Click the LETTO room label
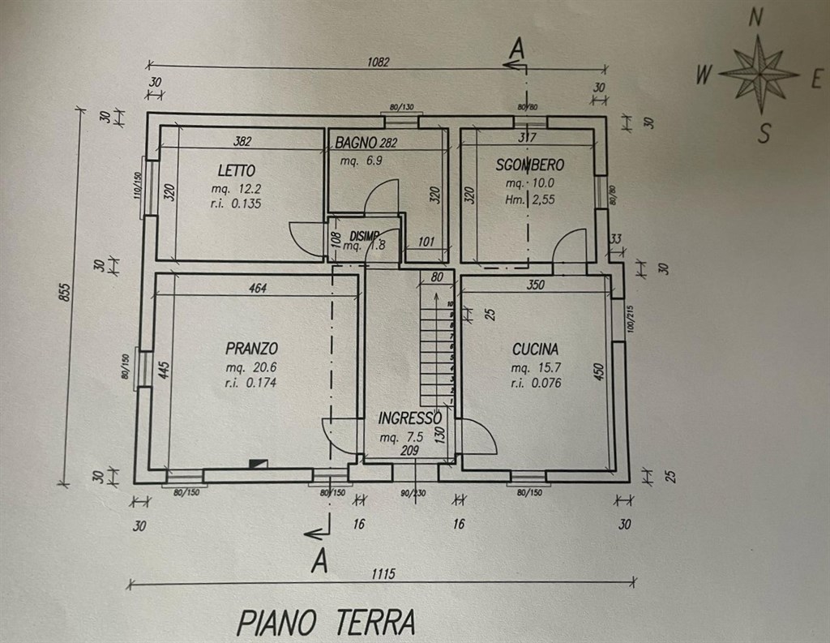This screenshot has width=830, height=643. pyautogui.click(x=237, y=171)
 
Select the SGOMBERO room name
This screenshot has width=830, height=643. pyautogui.click(x=530, y=165)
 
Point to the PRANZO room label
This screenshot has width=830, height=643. pyautogui.click(x=252, y=349)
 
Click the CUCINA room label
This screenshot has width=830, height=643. pyautogui.click(x=535, y=349)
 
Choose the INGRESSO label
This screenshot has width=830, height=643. pyautogui.click(x=410, y=418)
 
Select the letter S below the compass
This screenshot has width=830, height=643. pyautogui.click(x=763, y=134)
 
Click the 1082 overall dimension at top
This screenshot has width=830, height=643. pyautogui.click(x=378, y=62)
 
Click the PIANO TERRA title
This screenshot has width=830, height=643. pyautogui.click(x=326, y=623)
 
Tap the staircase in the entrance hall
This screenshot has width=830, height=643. pyautogui.click(x=437, y=341)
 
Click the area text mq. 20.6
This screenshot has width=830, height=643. pyautogui.click(x=251, y=367)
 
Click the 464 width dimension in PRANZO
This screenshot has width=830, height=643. pyautogui.click(x=257, y=287)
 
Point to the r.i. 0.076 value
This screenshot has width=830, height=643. pyautogui.click(x=536, y=384)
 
